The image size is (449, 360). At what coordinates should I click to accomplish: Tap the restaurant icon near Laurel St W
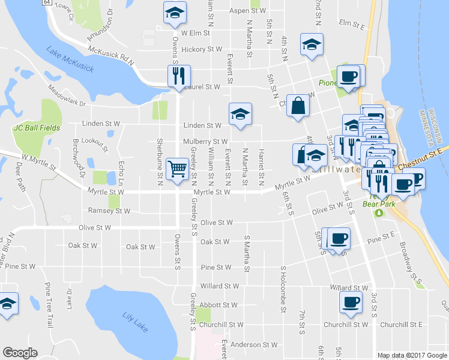179,76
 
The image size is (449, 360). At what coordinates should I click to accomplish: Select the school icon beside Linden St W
240,114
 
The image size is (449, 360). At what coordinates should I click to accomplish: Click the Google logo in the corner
20,353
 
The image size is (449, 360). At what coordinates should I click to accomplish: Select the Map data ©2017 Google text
412,355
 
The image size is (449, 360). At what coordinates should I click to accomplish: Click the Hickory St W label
201,50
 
